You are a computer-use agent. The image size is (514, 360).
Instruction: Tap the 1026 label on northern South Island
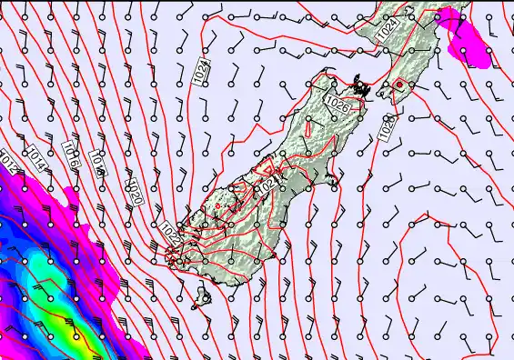pyautogui.click(x=338, y=106)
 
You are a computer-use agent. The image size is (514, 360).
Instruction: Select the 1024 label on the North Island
pyautogui.click(x=387, y=31)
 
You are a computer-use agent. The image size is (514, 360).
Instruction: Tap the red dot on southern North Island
pyautogui.click(x=398, y=85)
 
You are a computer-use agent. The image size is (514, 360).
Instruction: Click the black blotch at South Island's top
pyautogui.click(x=362, y=88)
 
